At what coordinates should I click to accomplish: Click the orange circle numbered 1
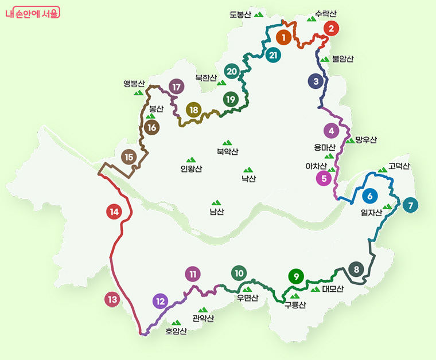click(283, 37)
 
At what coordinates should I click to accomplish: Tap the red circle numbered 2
click(332, 28)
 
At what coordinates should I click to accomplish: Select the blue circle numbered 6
click(370, 195)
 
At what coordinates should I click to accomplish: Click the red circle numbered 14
click(114, 212)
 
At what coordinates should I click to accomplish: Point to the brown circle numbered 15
click(129, 156)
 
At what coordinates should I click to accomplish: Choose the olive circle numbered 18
click(194, 109)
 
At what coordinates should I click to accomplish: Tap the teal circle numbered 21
click(273, 55)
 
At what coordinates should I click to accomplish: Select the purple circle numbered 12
click(161, 300)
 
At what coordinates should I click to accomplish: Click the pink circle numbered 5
click(324, 178)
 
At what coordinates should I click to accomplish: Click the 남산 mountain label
click(216, 212)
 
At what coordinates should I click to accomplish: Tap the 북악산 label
click(227, 152)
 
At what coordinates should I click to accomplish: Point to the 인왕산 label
click(191, 169)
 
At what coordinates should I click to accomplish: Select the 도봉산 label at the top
click(240, 14)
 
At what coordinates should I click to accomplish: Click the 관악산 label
click(203, 318)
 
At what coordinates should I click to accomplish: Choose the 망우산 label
click(366, 139)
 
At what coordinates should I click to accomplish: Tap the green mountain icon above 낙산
click(248, 170)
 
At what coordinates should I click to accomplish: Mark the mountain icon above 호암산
click(176, 322)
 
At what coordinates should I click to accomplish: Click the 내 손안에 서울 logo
click(32, 13)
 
